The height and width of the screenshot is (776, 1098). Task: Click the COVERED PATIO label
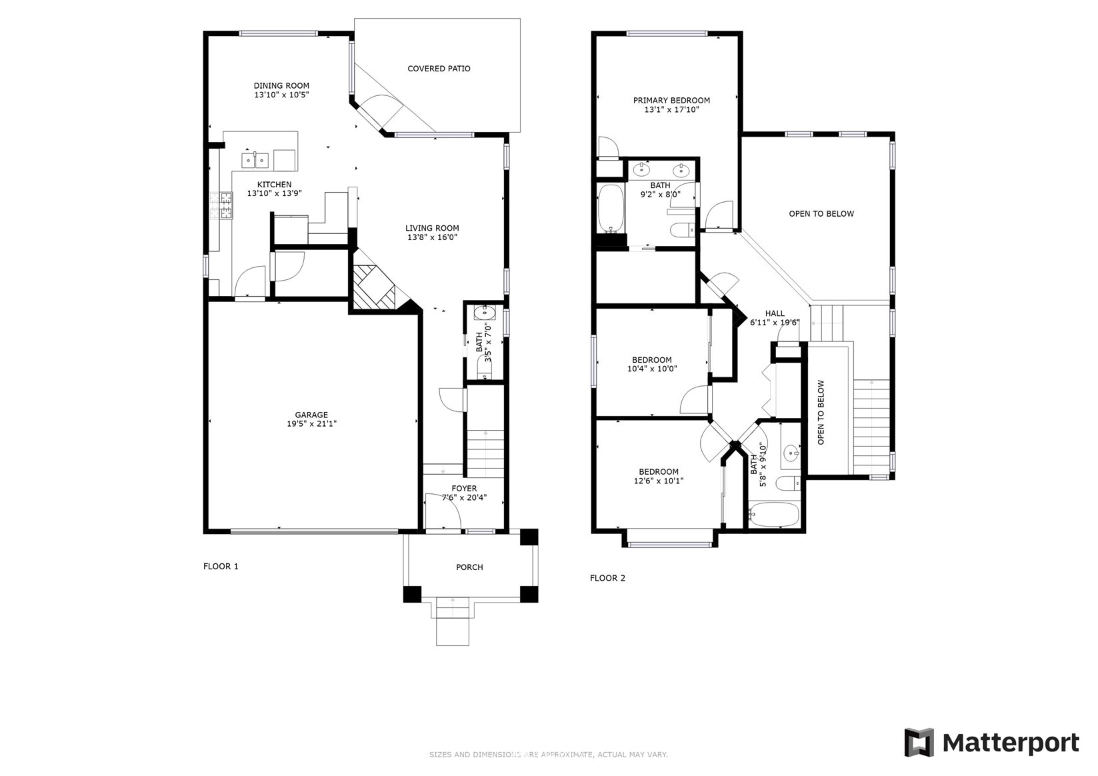pyautogui.click(x=439, y=69)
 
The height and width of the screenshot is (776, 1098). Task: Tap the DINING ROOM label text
pyautogui.click(x=281, y=86)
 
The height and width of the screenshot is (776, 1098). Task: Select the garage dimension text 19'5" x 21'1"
pyautogui.click(x=312, y=423)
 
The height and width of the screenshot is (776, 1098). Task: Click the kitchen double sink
pyautogui.click(x=255, y=160)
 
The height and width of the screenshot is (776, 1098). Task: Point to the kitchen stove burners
pyautogui.click(x=221, y=205)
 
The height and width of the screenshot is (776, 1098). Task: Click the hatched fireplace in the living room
pyautogui.click(x=375, y=287)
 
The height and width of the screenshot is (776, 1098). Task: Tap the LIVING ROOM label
pyautogui.click(x=433, y=228)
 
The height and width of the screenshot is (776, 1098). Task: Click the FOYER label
pyautogui.click(x=464, y=488)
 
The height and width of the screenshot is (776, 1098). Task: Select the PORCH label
pyautogui.click(x=469, y=567)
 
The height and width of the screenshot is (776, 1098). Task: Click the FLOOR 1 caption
pyautogui.click(x=221, y=566)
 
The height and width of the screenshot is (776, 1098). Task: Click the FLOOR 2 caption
pyautogui.click(x=608, y=578)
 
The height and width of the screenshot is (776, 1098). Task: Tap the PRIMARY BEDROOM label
pyautogui.click(x=671, y=101)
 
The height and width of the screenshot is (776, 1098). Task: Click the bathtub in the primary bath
pyautogui.click(x=611, y=209)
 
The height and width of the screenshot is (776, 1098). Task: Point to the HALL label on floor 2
pyautogui.click(x=775, y=313)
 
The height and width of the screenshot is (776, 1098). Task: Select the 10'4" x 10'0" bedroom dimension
pyautogui.click(x=652, y=369)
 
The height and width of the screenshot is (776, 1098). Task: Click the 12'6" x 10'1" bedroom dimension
pyautogui.click(x=659, y=481)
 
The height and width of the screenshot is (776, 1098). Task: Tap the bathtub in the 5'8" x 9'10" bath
pyautogui.click(x=773, y=514)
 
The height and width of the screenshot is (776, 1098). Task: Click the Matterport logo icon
pyautogui.click(x=919, y=743)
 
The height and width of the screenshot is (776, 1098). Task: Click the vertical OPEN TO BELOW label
pyautogui.click(x=821, y=412)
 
